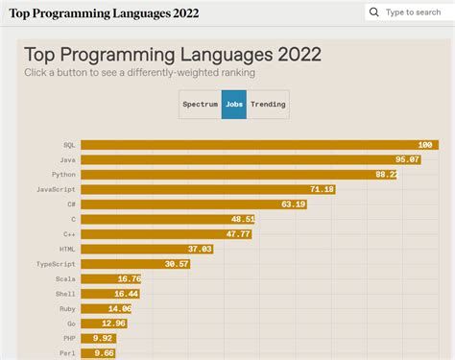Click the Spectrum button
(x=200, y=104)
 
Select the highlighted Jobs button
(x=233, y=104)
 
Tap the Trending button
(x=268, y=104)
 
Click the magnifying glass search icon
(x=374, y=12)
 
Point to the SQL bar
(x=259, y=145)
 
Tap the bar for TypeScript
(x=135, y=263)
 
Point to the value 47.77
(x=238, y=234)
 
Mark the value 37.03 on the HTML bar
(x=200, y=249)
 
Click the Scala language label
(x=65, y=278)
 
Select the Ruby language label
(x=66, y=308)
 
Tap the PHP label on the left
(x=68, y=338)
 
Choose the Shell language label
(x=65, y=294)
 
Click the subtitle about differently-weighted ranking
(x=139, y=73)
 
